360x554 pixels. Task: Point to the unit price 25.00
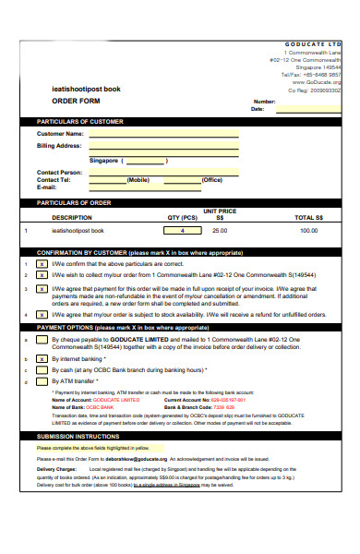(220, 230)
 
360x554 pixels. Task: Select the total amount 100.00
(308, 230)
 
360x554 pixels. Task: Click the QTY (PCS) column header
(182, 217)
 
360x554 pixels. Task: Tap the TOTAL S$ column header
(308, 217)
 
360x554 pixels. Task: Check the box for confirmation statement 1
(42, 263)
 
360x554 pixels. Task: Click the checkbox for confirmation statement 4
(42, 314)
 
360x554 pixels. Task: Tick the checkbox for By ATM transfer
(42, 380)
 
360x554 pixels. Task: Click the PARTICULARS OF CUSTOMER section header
(79, 121)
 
